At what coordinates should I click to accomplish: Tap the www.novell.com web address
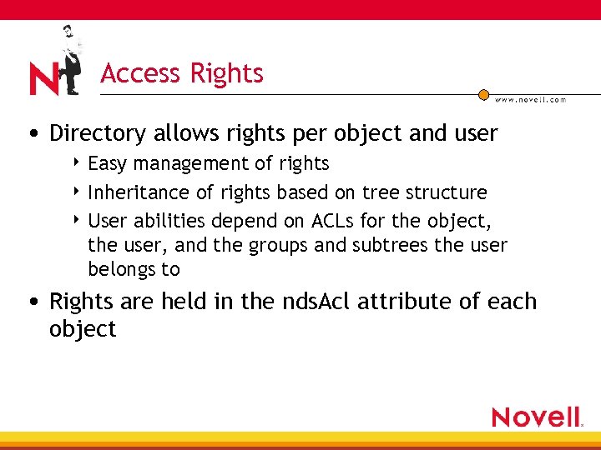coord(531,99)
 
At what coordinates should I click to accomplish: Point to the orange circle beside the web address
coord(483,95)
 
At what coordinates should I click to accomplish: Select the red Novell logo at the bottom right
coord(537,417)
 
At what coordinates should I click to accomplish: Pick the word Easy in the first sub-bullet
coord(107,164)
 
